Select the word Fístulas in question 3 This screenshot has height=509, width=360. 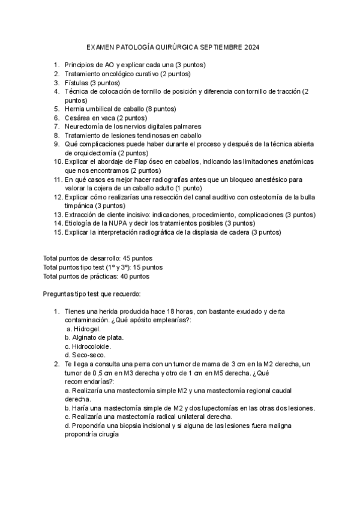[77, 83]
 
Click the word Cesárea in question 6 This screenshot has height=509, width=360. [77, 118]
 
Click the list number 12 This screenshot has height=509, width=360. [57, 197]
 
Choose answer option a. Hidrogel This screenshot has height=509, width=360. [83, 329]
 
